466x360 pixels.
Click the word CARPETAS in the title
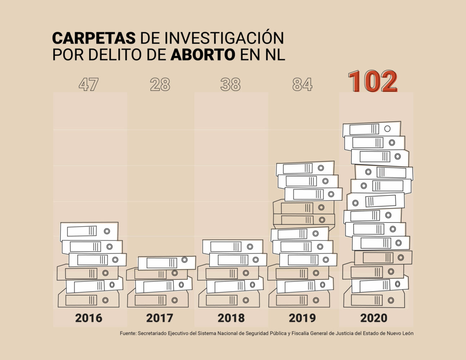(x=94, y=38)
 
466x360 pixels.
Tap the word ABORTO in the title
(x=202, y=54)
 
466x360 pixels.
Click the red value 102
(x=372, y=82)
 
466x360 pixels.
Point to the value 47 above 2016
(x=89, y=85)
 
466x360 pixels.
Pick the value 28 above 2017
(x=160, y=85)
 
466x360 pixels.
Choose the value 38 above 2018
(x=230, y=85)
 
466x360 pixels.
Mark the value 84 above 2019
(x=302, y=85)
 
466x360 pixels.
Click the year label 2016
(x=89, y=318)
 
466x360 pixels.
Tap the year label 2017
(x=160, y=318)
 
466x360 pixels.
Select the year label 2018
(x=231, y=318)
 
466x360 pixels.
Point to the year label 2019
(x=302, y=318)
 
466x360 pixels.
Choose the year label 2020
(x=373, y=318)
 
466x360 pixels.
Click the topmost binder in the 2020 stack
(x=372, y=129)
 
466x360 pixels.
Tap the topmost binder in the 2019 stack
(x=305, y=168)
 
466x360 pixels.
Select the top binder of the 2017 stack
(x=167, y=262)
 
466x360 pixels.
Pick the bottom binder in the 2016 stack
(x=88, y=300)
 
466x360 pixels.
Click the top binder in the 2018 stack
(x=232, y=247)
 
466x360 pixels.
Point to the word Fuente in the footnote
(x=127, y=333)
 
